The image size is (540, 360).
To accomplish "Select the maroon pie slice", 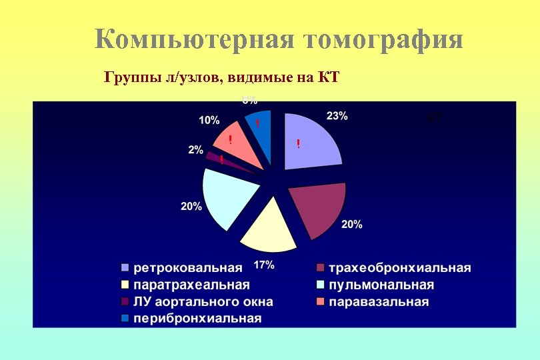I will [x=319, y=209].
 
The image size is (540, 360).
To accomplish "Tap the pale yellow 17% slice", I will [x=269, y=229].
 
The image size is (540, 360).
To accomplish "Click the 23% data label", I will [x=337, y=115].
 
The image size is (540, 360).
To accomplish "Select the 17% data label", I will [x=264, y=265].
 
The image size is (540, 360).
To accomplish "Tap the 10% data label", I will [x=209, y=120].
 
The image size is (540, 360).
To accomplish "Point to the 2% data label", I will [x=195, y=150].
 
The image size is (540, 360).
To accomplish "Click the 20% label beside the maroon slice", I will [x=352, y=225].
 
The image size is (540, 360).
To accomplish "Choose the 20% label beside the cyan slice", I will [x=191, y=206].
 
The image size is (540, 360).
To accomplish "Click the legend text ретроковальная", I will [x=188, y=268].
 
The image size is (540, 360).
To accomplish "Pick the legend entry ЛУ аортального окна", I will [x=203, y=302].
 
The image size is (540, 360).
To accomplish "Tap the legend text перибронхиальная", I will [x=197, y=318].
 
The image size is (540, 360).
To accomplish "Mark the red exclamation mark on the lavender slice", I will [x=298, y=144].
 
